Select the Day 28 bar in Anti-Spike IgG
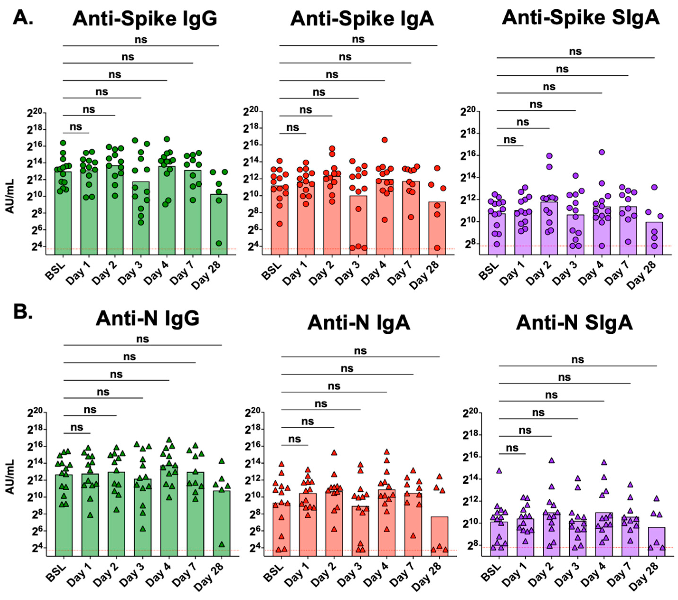pyautogui.click(x=219, y=225)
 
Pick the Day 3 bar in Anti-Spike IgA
pyautogui.click(x=358, y=225)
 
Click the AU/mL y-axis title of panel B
pyautogui.click(x=11, y=477)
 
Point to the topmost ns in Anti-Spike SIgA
pyautogui.click(x=575, y=52)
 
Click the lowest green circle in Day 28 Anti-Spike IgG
pyautogui.click(x=219, y=243)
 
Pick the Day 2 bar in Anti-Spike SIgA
pyautogui.click(x=549, y=229)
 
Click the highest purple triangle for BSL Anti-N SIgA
pyautogui.click(x=499, y=471)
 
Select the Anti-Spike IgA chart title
pyautogui.click(x=362, y=19)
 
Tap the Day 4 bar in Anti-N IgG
pyautogui.click(x=169, y=510)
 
